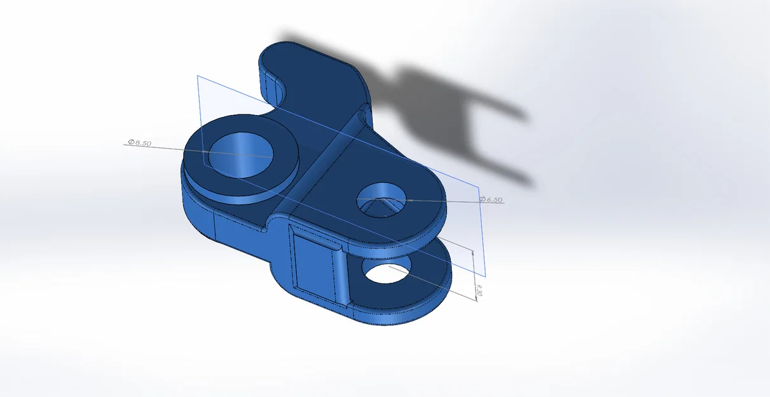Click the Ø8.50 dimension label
pos(139,143)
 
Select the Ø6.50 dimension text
pos(491,199)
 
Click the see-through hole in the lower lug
pos(386,272)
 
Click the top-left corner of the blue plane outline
pos(198,76)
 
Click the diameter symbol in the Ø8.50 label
pos(130,143)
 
